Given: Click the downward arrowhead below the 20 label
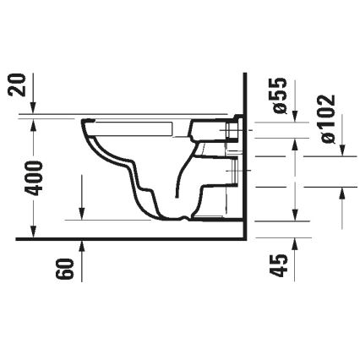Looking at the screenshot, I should point(33,111).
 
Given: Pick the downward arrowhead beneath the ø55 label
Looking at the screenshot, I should point(292,118).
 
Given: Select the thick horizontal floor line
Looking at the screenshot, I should point(127,239).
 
